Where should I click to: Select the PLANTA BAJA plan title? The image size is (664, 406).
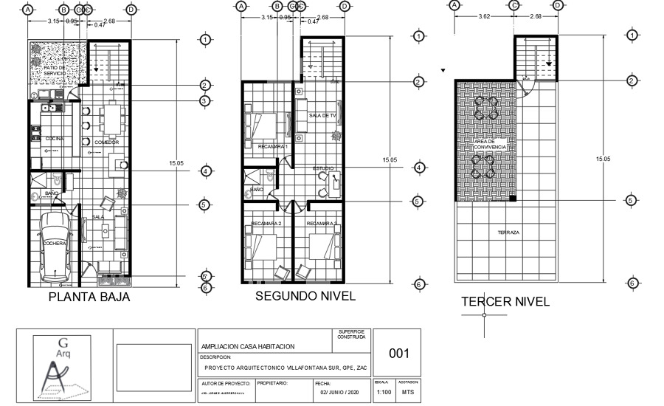pyautogui.click(x=89, y=297)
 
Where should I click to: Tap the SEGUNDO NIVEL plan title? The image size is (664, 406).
pyautogui.click(x=305, y=296)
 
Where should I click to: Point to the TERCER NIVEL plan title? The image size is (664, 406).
pyautogui.click(x=505, y=302)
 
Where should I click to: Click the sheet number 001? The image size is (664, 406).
pyautogui.click(x=398, y=354)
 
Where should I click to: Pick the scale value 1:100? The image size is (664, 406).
pyautogui.click(x=384, y=393)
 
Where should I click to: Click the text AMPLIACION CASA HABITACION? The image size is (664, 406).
pyautogui.click(x=248, y=346)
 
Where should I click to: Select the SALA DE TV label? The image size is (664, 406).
pyautogui.click(x=322, y=116)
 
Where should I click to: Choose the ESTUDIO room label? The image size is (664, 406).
pyautogui.click(x=322, y=168)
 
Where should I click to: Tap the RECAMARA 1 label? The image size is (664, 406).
pyautogui.click(x=272, y=146)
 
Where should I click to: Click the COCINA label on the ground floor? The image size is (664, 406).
pyautogui.click(x=54, y=138)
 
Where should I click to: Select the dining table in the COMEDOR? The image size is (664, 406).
pyautogui.click(x=112, y=118)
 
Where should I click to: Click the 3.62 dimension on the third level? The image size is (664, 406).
pyautogui.click(x=483, y=16)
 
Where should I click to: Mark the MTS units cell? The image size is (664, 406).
pyautogui.click(x=408, y=393)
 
